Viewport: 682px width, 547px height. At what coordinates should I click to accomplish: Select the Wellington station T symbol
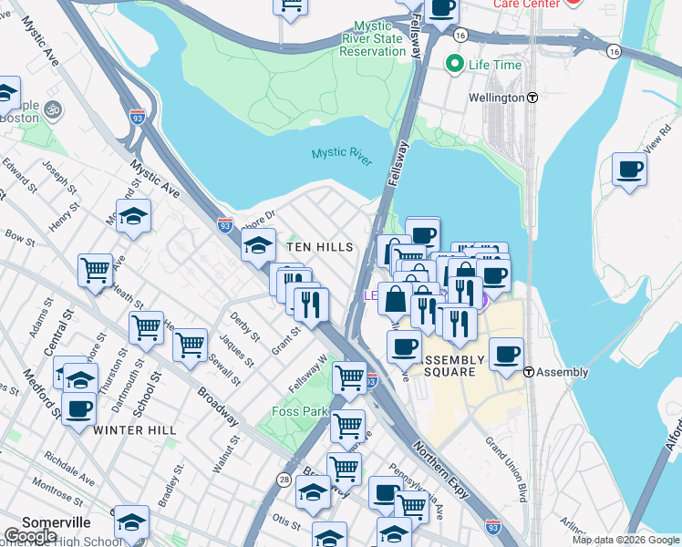point(532,98)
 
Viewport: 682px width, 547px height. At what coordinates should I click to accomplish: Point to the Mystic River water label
point(341,156)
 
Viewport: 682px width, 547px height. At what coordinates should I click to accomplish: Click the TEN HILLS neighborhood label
point(318,247)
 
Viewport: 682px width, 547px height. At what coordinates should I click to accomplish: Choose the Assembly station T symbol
point(529,372)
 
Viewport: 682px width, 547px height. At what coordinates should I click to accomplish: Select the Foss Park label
point(300,411)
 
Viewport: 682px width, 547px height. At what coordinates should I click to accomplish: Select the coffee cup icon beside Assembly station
point(506,354)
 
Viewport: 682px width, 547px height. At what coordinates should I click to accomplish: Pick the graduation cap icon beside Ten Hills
point(258,243)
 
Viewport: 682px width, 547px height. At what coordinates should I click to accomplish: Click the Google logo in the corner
point(30,536)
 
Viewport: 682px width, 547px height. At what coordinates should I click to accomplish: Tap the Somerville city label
point(57,522)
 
